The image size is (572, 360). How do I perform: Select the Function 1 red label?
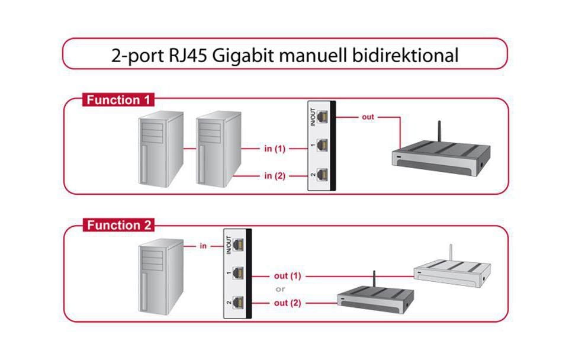click(118, 100)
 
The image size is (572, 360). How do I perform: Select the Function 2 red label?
click(118, 226)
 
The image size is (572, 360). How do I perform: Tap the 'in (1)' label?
click(275, 149)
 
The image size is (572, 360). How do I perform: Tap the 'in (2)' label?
click(275, 175)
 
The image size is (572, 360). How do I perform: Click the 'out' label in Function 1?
click(368, 117)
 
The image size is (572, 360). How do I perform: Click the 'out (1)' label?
click(288, 276)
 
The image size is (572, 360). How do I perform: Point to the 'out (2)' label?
click(288, 303)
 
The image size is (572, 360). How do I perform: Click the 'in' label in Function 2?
click(203, 245)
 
